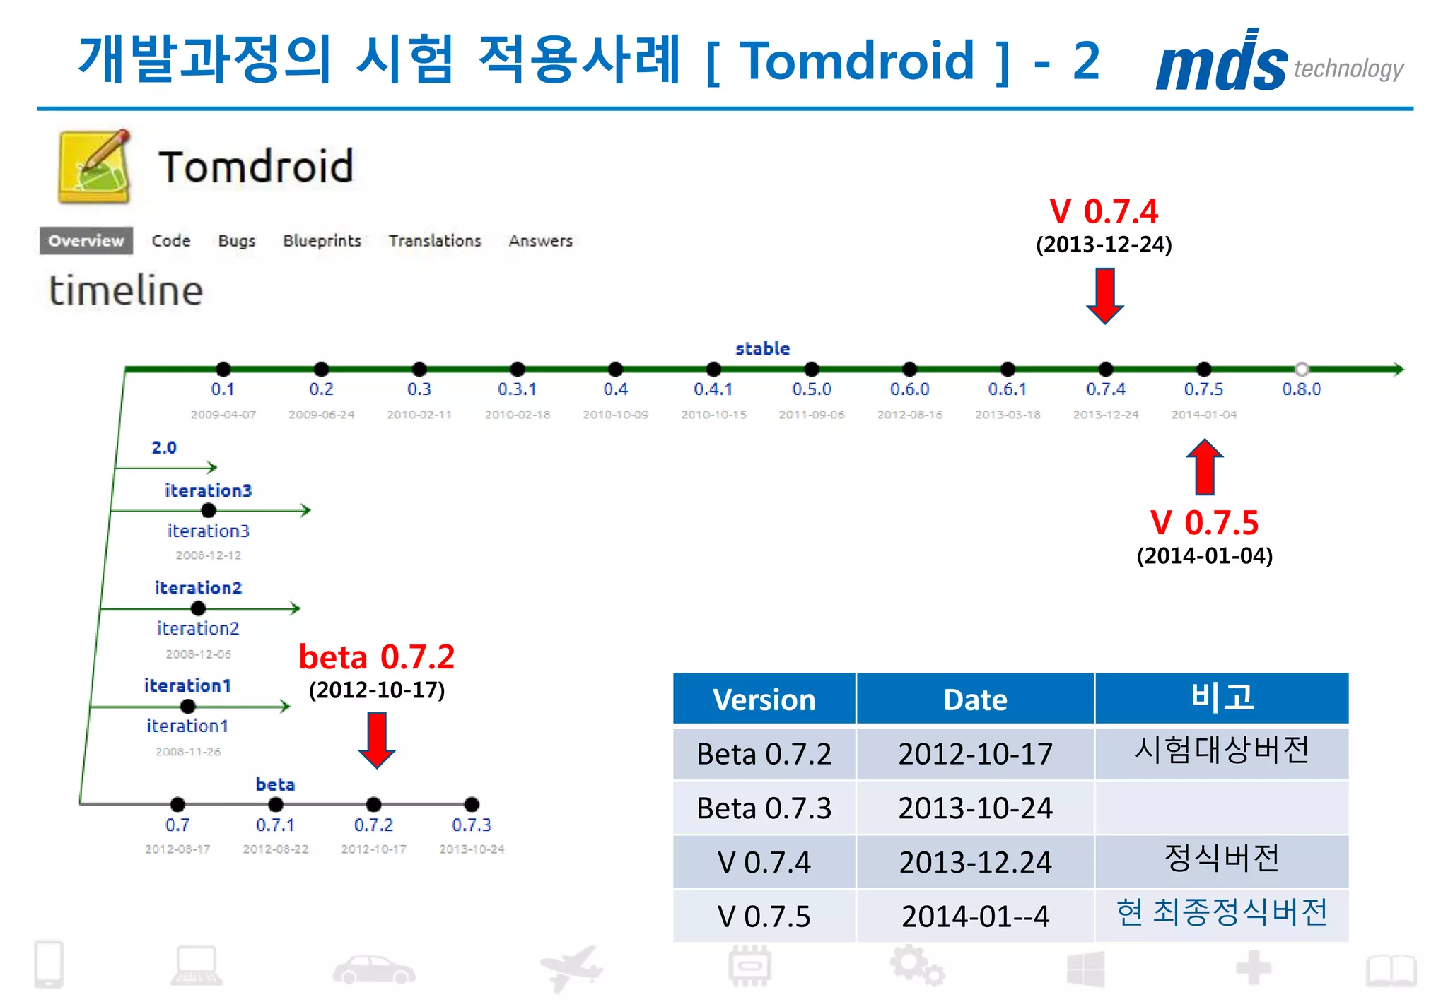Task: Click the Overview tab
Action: [x=86, y=241]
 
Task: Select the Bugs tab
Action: [x=236, y=241]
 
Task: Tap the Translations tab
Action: [x=435, y=241]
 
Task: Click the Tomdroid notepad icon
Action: [x=94, y=167]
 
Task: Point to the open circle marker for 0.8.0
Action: [x=1301, y=369]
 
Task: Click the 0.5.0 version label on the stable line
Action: [x=811, y=389]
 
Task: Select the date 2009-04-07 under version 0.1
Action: [x=223, y=415]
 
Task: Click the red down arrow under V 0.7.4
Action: [x=1104, y=295]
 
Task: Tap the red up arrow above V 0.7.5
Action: [x=1204, y=467]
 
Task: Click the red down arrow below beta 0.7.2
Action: [x=376, y=740]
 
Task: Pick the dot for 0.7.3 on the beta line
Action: [x=472, y=804]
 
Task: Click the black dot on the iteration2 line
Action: [x=198, y=608]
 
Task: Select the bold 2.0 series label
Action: [x=163, y=447]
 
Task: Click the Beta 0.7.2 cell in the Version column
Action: [x=764, y=754]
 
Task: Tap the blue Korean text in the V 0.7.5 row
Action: [x=1221, y=912]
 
